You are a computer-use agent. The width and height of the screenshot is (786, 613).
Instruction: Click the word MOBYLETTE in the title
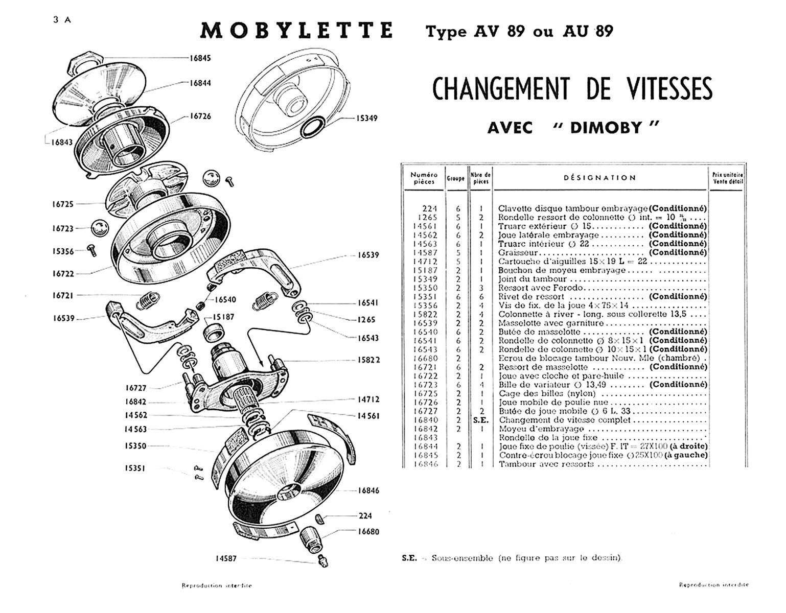click(x=296, y=31)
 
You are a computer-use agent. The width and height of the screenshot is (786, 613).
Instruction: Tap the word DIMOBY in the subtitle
click(x=606, y=127)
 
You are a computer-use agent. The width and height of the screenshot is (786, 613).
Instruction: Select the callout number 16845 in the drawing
click(x=200, y=58)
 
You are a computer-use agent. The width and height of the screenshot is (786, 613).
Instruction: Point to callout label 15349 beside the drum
click(x=367, y=119)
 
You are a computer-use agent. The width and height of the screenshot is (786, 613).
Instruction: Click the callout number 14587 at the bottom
click(x=226, y=558)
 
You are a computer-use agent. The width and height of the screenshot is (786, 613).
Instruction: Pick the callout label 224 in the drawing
click(x=365, y=516)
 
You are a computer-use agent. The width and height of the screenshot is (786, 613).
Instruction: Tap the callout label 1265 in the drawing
click(x=366, y=320)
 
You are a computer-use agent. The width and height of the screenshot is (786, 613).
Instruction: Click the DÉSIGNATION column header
click(x=600, y=178)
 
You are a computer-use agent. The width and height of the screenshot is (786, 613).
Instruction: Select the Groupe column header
click(x=455, y=178)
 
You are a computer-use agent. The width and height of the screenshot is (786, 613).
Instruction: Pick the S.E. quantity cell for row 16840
click(x=481, y=420)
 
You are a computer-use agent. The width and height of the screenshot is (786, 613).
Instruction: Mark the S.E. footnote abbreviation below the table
click(x=409, y=558)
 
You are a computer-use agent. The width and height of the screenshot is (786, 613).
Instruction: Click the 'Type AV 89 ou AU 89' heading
click(x=519, y=32)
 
